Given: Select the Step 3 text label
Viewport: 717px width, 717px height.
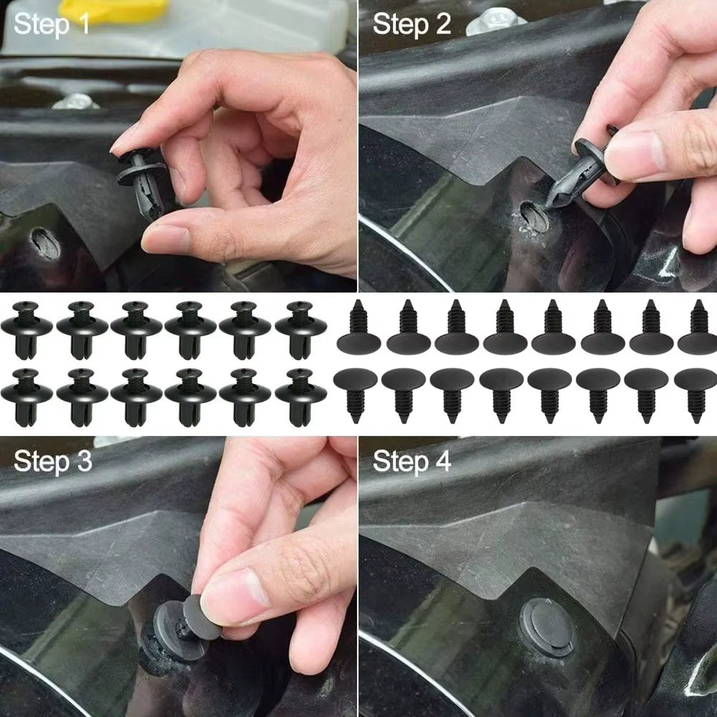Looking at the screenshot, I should (52, 462).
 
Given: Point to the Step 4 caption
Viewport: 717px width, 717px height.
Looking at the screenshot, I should (412, 462).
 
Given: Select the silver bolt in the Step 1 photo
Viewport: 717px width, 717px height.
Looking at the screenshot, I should (75, 101).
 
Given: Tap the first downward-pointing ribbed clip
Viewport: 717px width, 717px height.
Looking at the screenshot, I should (355, 391).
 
